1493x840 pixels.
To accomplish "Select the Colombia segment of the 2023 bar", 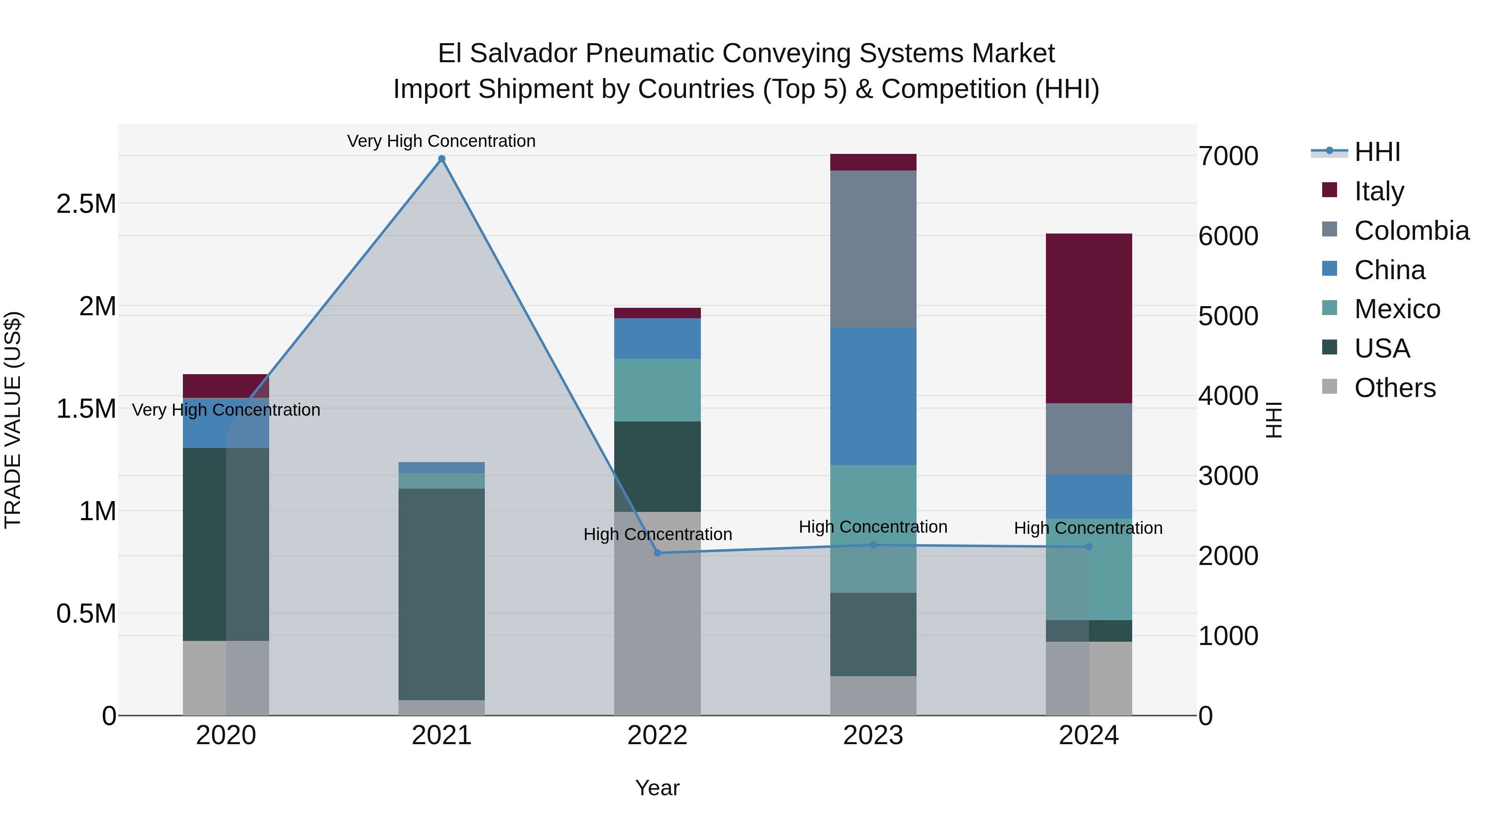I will pos(873,249).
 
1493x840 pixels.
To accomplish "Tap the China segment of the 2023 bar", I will pos(873,396).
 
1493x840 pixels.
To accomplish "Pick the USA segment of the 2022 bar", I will pos(657,466).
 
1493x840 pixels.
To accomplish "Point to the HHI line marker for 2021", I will pos(442,159).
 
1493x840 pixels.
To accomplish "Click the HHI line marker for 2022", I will pos(657,553).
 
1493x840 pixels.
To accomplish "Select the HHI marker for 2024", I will pos(1089,547).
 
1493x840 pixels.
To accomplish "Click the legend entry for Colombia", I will pos(1411,231).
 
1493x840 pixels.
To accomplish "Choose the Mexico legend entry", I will pos(1397,309).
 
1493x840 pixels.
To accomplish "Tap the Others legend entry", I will pos(1394,388).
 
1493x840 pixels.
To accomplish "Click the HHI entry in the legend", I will pos(1376,152).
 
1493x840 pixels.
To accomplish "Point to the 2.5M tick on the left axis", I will pos(86,204).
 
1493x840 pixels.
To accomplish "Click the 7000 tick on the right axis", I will pos(1228,156).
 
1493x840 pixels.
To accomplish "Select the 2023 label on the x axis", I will pos(873,735).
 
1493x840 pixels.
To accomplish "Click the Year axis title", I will pos(657,788).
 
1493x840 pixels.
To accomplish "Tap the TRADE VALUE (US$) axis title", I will pos(13,420).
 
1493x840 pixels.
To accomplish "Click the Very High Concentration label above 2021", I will pos(441,141).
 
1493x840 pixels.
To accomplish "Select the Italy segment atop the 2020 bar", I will pos(226,385).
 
